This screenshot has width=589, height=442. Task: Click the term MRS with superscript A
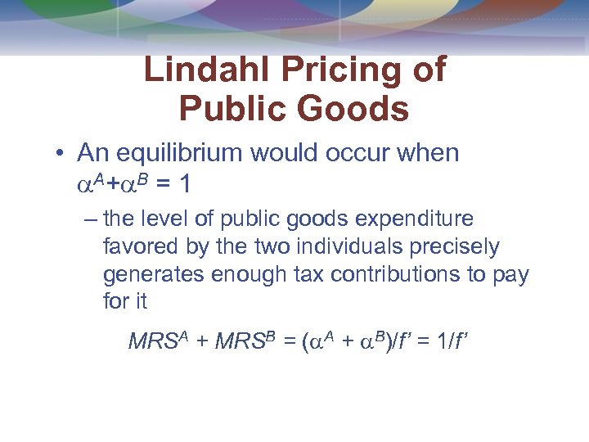tap(159, 341)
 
